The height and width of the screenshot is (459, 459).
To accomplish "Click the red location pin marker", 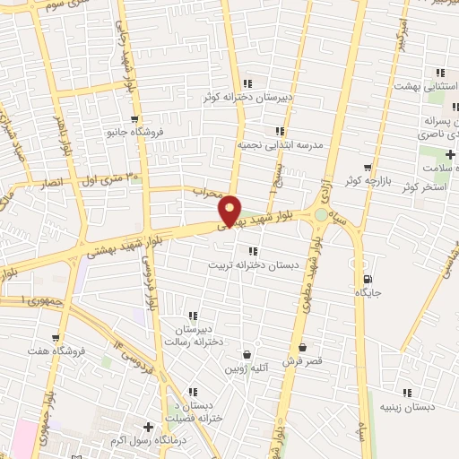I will [x=230, y=210].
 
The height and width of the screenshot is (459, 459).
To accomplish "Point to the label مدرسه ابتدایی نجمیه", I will [x=280, y=143].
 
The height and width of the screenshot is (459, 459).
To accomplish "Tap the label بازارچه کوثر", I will [x=367, y=180].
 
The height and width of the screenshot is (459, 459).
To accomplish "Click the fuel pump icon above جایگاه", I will [x=369, y=279].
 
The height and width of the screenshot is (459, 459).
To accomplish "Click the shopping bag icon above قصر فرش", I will [x=302, y=348].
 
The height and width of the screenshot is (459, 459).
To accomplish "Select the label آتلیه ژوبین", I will [x=243, y=368].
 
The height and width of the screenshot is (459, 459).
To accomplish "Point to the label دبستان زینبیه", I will [x=408, y=406].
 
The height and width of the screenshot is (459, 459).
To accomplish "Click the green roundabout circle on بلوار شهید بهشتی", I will [x=321, y=215].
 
